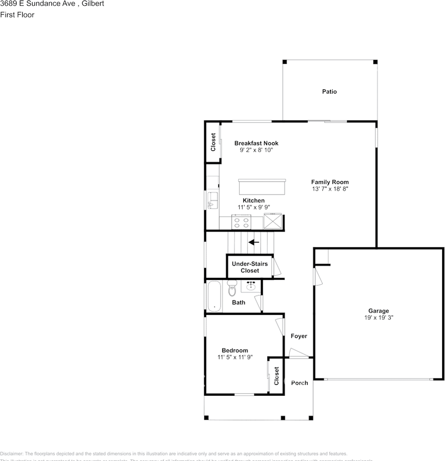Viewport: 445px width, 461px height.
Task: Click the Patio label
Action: [329, 91]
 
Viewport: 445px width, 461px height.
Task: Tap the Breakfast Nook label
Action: [256, 143]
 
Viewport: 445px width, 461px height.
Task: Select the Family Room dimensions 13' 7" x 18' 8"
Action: [329, 189]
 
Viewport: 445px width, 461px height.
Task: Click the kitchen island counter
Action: [262, 186]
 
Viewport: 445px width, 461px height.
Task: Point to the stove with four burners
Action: [241, 222]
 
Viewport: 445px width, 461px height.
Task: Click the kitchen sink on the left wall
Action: [211, 200]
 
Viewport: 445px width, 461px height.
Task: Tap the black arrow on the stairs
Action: [254, 242]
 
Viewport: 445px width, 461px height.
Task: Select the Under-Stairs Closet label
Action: [249, 267]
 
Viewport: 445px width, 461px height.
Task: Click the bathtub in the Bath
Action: [214, 296]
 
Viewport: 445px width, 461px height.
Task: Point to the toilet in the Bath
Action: [232, 290]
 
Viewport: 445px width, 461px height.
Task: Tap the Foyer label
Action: [299, 336]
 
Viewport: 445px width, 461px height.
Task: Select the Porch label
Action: [299, 383]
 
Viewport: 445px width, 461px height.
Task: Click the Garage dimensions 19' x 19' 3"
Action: [378, 317]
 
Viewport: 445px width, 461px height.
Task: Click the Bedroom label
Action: [234, 350]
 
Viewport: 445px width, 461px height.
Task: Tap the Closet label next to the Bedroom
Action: [277, 376]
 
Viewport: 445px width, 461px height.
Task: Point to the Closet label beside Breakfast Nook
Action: [213, 142]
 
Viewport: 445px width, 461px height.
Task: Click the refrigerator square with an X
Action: [273, 222]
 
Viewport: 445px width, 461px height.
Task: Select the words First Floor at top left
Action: [17, 14]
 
